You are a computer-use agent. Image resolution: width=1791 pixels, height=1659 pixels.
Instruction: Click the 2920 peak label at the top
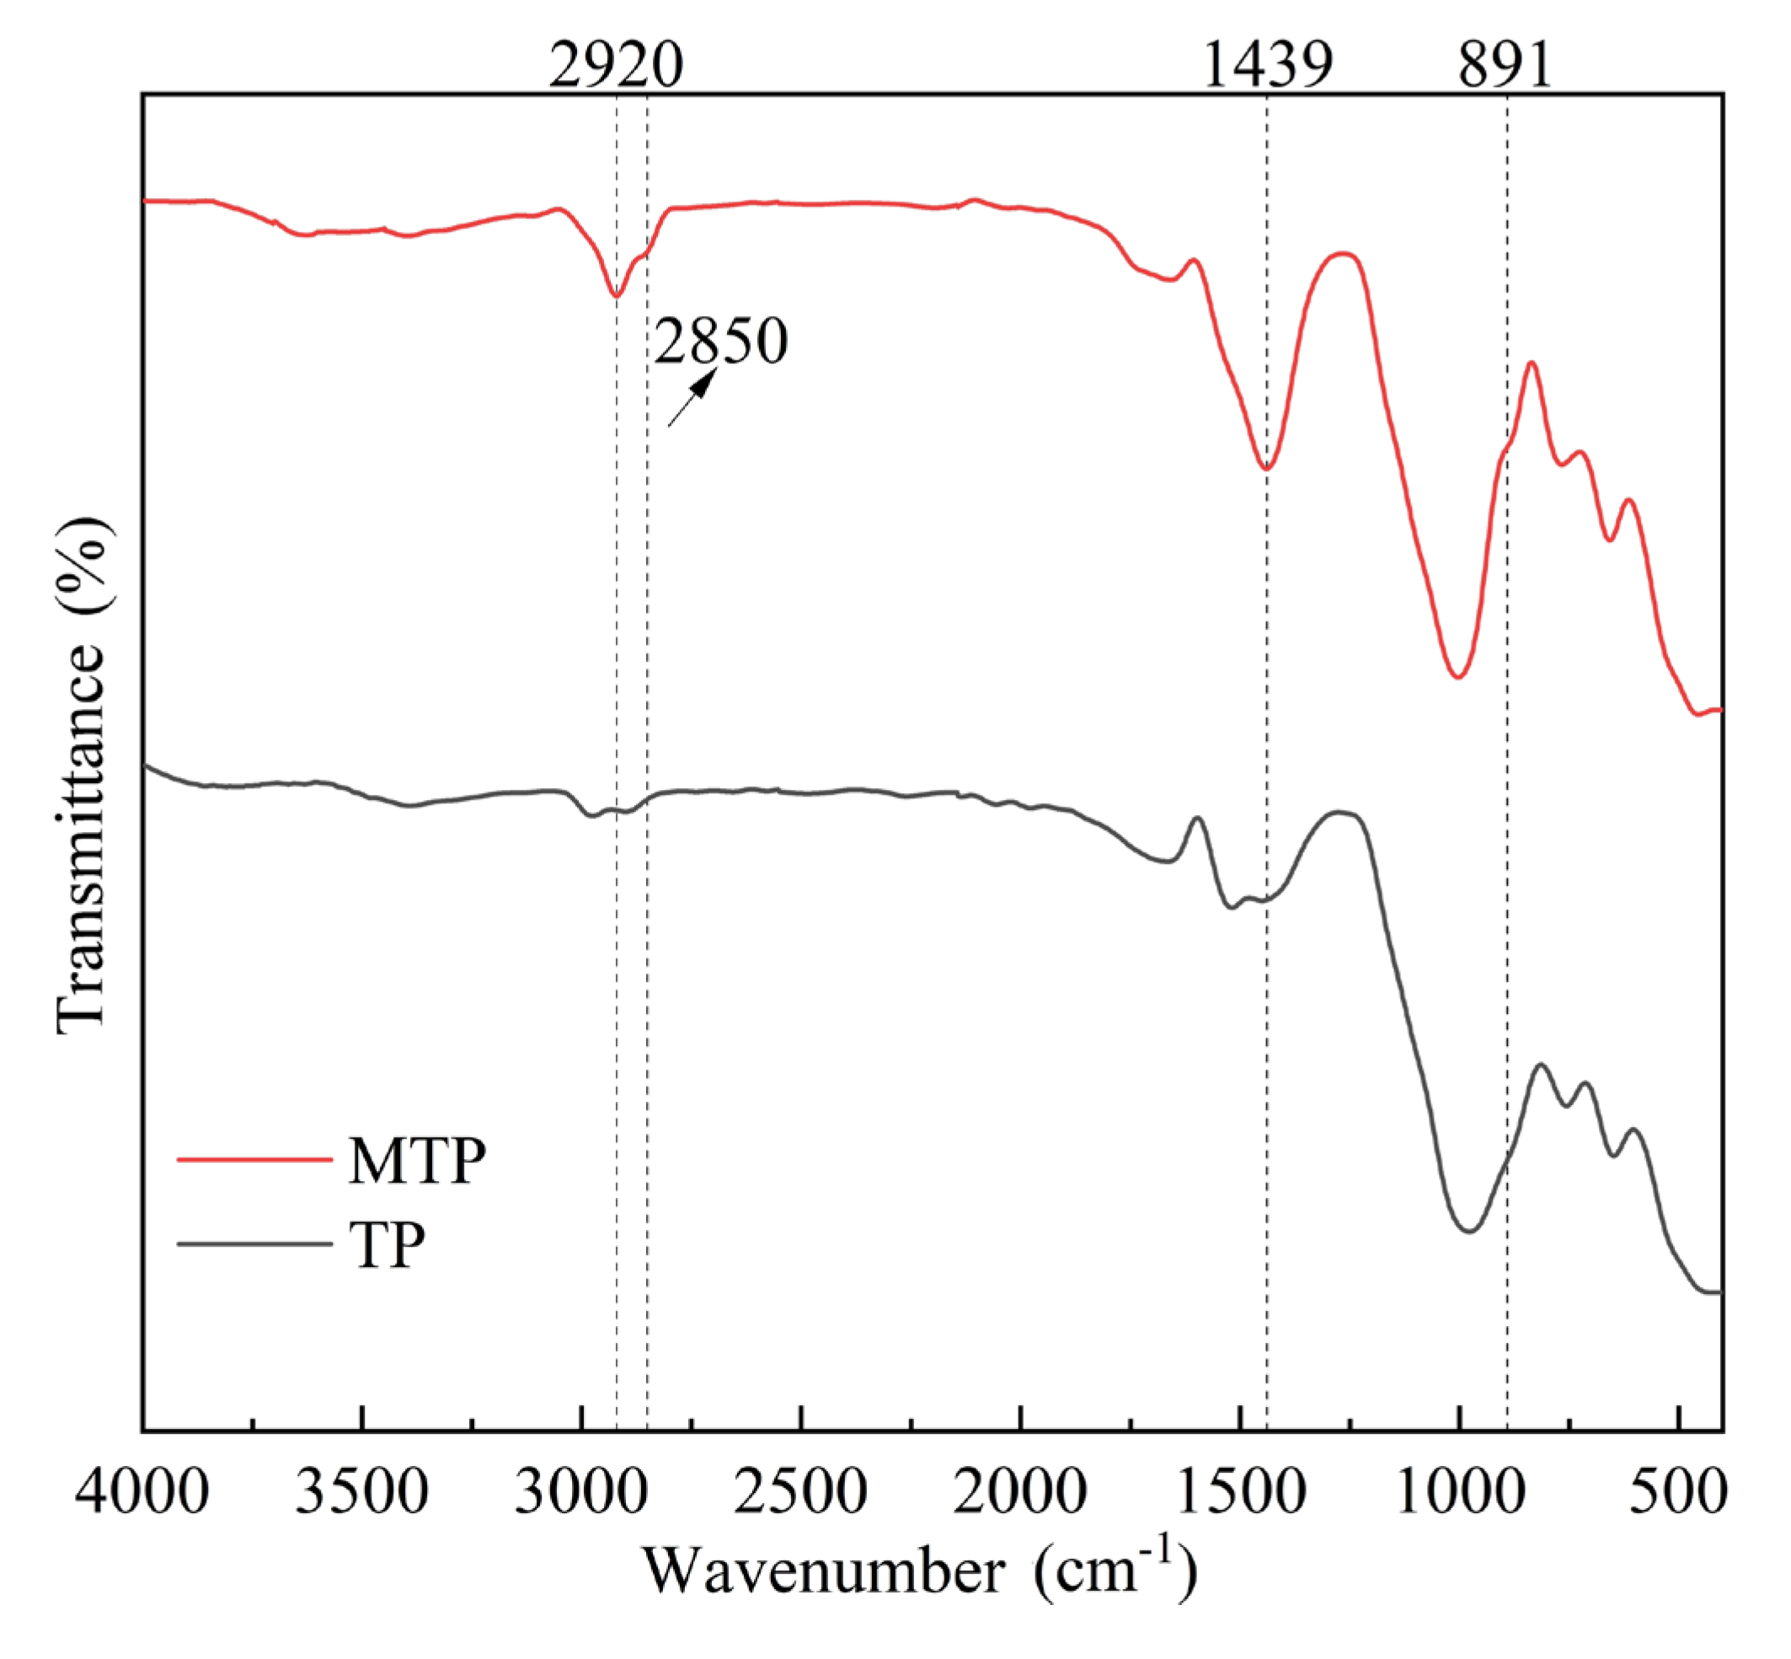click(616, 65)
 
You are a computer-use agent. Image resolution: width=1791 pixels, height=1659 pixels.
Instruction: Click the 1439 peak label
click(1266, 65)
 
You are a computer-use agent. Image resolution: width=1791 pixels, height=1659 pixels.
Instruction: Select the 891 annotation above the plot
click(1505, 65)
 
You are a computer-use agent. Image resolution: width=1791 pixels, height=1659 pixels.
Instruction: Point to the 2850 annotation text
click(720, 342)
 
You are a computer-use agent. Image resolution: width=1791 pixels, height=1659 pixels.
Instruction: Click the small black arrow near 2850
click(692, 398)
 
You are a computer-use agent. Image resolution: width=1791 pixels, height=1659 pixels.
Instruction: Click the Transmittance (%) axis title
click(83, 776)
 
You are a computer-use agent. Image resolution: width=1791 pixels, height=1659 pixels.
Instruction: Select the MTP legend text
click(417, 1161)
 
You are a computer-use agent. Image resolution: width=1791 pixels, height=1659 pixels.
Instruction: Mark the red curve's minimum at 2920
click(616, 295)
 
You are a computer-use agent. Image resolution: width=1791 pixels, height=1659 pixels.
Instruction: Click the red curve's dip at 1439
click(1266, 469)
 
